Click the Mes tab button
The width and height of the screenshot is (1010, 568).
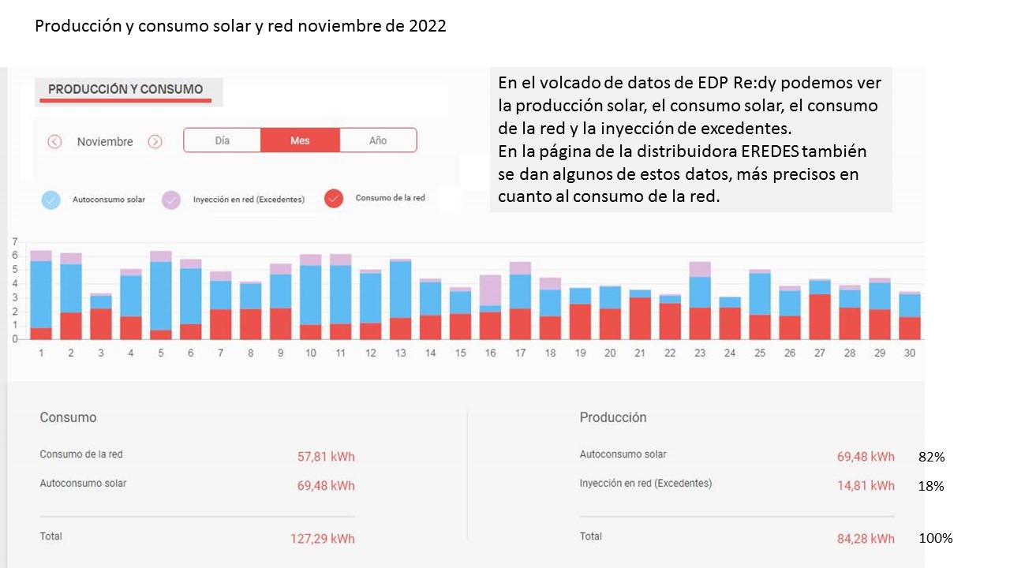coord(300,140)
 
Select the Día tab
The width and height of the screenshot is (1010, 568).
coord(223,140)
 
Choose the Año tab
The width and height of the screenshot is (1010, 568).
coord(378,140)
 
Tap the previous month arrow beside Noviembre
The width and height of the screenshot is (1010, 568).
coord(54,142)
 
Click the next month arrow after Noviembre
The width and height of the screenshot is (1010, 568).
coord(155,142)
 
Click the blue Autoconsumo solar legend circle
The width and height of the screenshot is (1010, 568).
coord(51,200)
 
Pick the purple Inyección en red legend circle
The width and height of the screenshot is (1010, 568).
coord(172,200)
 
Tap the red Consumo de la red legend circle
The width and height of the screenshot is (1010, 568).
coord(334,199)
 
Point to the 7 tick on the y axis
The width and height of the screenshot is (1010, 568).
coord(14,241)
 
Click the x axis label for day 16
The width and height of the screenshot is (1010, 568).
coord(490,353)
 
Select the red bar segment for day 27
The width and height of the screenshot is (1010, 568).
coord(820,316)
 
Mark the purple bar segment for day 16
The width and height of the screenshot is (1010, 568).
coord(490,290)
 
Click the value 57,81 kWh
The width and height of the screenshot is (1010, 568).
coord(326,457)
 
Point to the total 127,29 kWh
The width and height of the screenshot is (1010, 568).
coord(323,539)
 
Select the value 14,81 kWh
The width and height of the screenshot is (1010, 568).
coord(866,486)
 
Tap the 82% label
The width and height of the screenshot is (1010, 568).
coord(931,457)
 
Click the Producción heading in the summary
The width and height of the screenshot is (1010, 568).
coord(612,417)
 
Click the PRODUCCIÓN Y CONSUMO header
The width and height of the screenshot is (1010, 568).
coord(125,90)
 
